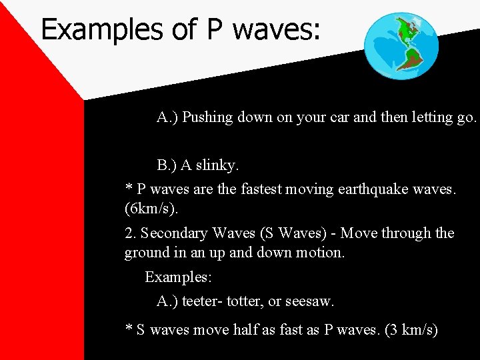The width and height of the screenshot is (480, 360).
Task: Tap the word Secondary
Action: (174, 233)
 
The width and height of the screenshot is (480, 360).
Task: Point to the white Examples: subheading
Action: (178, 277)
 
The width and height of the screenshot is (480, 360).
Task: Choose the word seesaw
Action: (309, 301)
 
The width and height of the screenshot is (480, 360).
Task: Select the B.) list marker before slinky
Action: (169, 164)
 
